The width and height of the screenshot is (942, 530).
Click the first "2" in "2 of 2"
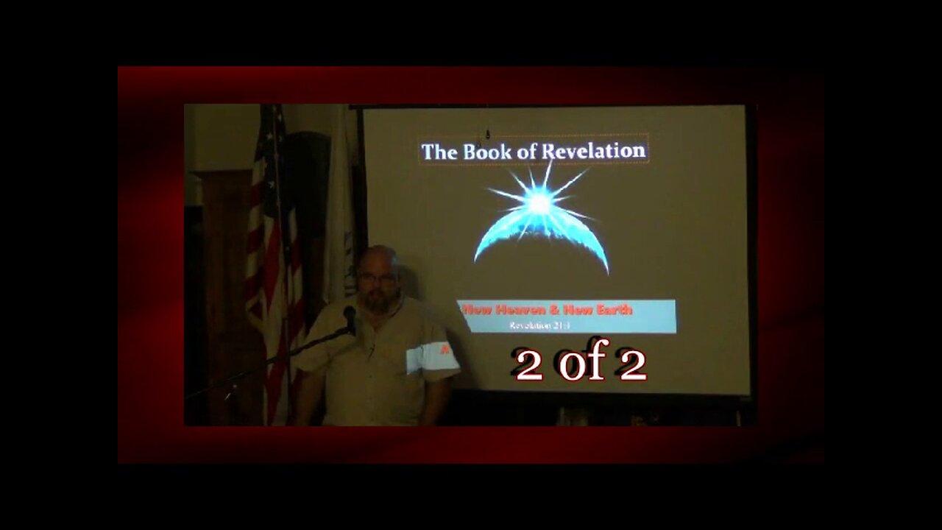point(528,367)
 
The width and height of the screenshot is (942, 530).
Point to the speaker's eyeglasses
point(376,277)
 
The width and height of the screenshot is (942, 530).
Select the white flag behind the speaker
point(341,221)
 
